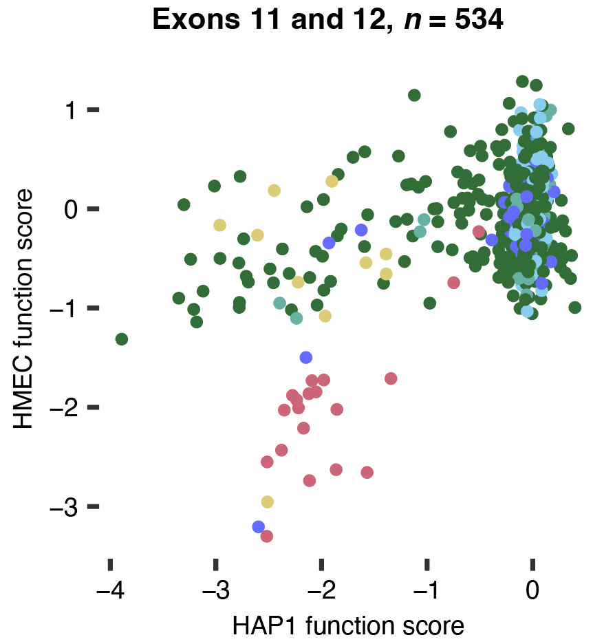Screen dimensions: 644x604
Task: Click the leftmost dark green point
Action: [x=122, y=339]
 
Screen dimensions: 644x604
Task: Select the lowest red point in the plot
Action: [x=267, y=536]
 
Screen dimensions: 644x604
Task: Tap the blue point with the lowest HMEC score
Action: [x=259, y=527]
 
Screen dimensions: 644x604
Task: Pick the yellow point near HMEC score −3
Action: [x=268, y=502]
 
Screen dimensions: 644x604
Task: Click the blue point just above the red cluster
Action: [x=306, y=357]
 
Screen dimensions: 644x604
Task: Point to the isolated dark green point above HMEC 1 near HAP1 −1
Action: [x=414, y=95]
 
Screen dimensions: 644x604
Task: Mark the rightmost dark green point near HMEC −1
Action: [x=575, y=308]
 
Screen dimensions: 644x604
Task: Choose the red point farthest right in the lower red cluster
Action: [x=391, y=378]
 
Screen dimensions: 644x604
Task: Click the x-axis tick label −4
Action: [x=109, y=592]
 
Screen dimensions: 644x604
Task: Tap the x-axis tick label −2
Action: [x=321, y=592]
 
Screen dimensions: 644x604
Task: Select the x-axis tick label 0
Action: [x=532, y=592]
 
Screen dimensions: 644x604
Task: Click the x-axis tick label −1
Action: [x=427, y=592]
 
